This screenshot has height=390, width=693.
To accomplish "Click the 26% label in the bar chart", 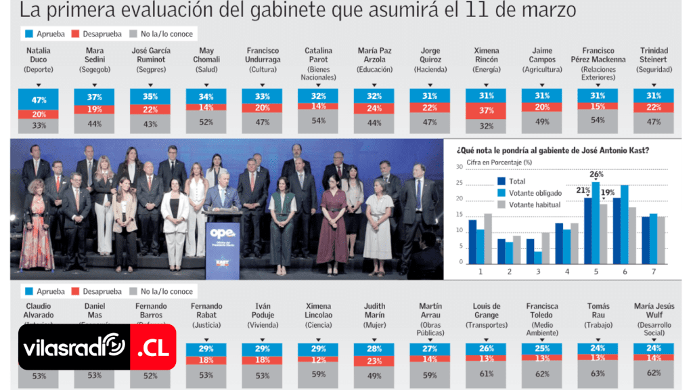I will coord(596,175).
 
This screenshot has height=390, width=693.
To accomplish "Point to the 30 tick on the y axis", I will coord(460,167).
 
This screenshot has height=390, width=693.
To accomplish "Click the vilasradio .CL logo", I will coord(97,347).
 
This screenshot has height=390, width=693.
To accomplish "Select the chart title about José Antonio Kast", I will coord(553,150).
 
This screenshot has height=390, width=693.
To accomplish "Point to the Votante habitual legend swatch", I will coord(502,204).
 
